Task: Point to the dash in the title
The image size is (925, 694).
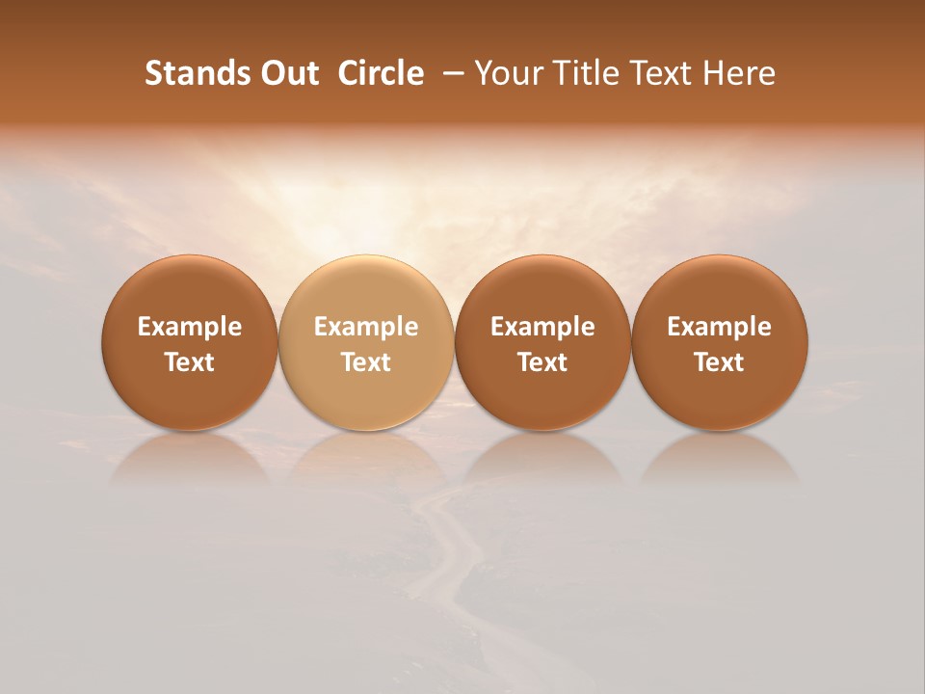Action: tap(450, 73)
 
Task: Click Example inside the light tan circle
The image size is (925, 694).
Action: tap(366, 327)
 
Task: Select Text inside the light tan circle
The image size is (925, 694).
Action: tap(366, 362)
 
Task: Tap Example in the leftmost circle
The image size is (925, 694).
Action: tap(190, 327)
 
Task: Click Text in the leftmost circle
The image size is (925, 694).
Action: tap(190, 362)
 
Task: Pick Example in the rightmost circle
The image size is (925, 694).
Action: tap(720, 327)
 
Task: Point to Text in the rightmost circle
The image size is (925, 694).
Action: tap(720, 362)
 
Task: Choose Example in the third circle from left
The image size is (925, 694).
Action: tap(542, 327)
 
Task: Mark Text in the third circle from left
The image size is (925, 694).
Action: tap(542, 362)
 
